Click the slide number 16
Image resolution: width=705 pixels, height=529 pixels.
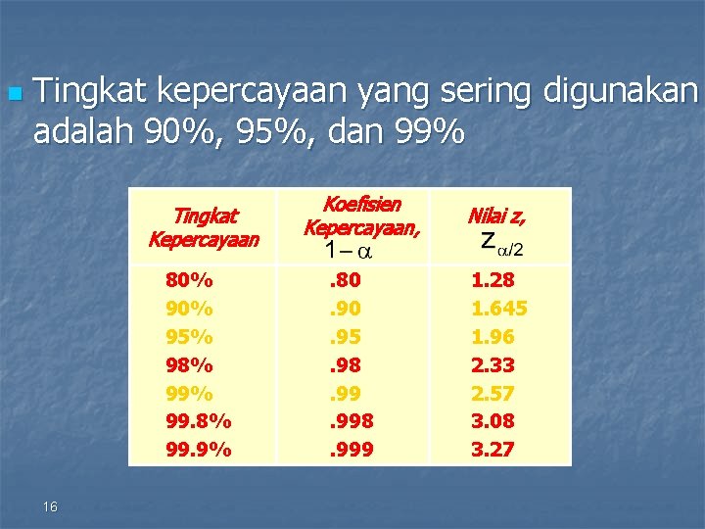click(x=51, y=506)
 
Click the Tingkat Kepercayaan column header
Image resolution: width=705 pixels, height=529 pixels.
click(x=204, y=227)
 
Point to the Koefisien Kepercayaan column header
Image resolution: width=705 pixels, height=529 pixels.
click(x=352, y=216)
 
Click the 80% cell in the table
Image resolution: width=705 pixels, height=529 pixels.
click(x=190, y=280)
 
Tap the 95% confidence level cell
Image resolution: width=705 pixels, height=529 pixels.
click(x=190, y=337)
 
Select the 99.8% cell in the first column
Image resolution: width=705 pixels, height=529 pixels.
click(x=199, y=422)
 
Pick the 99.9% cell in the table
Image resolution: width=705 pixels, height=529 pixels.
click(x=199, y=451)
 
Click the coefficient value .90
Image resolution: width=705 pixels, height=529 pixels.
click(x=344, y=309)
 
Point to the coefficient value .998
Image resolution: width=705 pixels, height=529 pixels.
click(x=352, y=422)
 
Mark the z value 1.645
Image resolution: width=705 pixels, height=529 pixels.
click(x=499, y=309)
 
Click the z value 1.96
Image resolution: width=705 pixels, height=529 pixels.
click(x=493, y=337)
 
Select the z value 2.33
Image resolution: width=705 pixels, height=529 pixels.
click(x=493, y=365)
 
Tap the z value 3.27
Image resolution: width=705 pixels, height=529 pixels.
click(x=493, y=451)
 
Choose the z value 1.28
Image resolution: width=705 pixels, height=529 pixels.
click(x=493, y=280)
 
